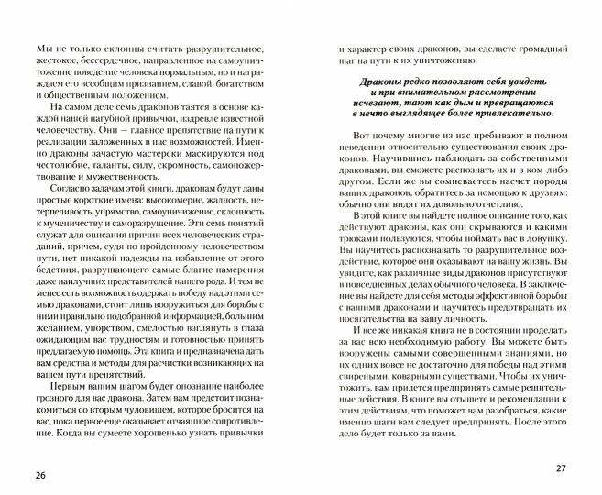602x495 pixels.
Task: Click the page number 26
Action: tap(38, 474)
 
